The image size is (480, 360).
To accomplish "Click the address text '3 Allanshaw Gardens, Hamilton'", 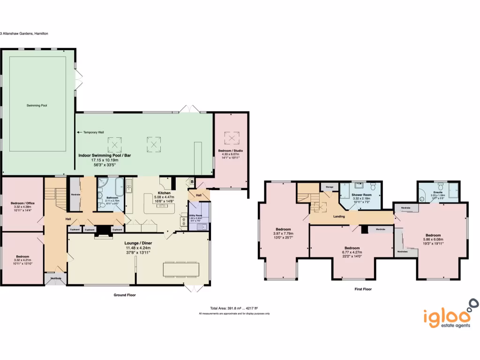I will [24, 34].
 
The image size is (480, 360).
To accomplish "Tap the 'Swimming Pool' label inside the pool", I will [37, 105].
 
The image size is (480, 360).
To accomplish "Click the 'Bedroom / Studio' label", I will [231, 150].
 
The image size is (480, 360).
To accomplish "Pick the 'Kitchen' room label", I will [164, 193].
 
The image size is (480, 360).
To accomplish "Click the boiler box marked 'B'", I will [192, 181].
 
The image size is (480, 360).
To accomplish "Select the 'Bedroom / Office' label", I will [23, 203].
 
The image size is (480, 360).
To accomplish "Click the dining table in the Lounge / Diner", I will [181, 269].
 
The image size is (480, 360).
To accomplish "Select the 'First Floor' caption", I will [363, 289].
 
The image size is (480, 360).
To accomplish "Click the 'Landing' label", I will [339, 217].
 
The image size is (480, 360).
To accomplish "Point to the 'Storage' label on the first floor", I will [329, 187].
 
